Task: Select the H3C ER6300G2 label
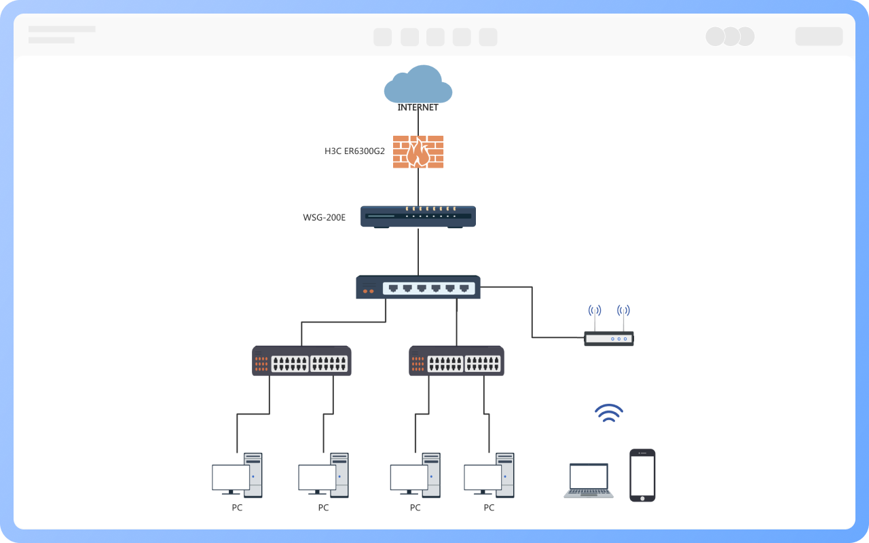(354, 151)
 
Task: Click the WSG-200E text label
(324, 218)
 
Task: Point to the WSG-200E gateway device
(418, 217)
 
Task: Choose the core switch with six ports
(418, 287)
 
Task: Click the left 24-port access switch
(301, 361)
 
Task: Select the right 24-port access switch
(456, 361)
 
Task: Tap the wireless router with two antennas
(609, 338)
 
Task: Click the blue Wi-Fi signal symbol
(609, 413)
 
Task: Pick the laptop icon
(589, 481)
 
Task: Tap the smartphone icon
(642, 475)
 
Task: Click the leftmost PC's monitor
(230, 478)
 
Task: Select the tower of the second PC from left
(339, 474)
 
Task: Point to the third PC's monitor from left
(409, 478)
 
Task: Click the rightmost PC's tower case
(505, 474)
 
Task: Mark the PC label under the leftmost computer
(237, 508)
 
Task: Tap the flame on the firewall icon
(418, 154)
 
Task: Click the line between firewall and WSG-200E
(418, 187)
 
